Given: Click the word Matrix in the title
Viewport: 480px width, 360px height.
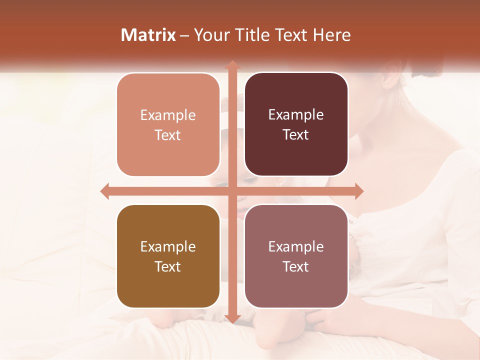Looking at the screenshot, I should [x=148, y=35].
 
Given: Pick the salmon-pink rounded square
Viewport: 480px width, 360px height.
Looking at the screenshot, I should [x=168, y=124].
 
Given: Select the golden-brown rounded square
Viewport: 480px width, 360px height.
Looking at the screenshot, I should [x=168, y=256].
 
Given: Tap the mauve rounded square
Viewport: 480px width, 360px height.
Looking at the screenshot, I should [x=296, y=256].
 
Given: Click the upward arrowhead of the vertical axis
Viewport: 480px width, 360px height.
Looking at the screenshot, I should [x=232, y=65].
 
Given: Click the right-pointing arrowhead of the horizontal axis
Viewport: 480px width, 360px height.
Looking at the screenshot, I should [x=358, y=191].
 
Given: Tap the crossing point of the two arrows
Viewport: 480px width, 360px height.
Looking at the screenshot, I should [x=232, y=191].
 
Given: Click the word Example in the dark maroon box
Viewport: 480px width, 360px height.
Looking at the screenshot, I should [x=296, y=114].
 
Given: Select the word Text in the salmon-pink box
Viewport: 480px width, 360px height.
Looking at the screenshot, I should [x=168, y=135].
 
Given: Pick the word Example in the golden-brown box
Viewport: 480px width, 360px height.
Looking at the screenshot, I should [x=168, y=246].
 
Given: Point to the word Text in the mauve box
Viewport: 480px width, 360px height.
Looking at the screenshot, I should [x=296, y=266].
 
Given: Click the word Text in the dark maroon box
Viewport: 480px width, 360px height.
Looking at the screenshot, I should [x=296, y=134].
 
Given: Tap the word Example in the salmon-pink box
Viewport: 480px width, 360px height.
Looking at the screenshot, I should [x=168, y=115].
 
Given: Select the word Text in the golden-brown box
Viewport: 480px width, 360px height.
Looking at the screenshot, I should [x=168, y=266].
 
